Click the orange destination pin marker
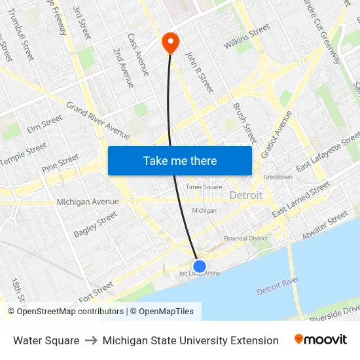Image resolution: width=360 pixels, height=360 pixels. click(170, 43)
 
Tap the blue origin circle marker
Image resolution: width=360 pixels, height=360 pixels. click(200, 266)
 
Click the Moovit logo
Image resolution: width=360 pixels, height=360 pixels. click(321, 340)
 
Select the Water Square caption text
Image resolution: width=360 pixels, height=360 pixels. click(46, 340)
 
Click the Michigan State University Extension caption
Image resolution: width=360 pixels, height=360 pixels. click(190, 340)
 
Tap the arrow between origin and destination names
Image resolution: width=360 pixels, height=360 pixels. click(91, 340)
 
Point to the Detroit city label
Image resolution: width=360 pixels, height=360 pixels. click(246, 195)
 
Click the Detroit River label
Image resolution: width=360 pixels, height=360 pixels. click(278, 285)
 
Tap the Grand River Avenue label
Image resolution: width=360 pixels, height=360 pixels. click(98, 120)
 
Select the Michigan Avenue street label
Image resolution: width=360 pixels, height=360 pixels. click(88, 202)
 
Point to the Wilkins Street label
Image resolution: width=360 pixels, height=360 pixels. click(247, 37)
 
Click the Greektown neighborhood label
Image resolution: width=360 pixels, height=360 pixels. click(278, 177)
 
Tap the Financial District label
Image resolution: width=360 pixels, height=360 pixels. click(245, 239)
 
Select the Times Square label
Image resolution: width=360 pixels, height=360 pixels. click(203, 187)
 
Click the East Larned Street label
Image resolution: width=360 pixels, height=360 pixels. click(301, 200)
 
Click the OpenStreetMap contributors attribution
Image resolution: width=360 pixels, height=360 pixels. click(65, 312)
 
